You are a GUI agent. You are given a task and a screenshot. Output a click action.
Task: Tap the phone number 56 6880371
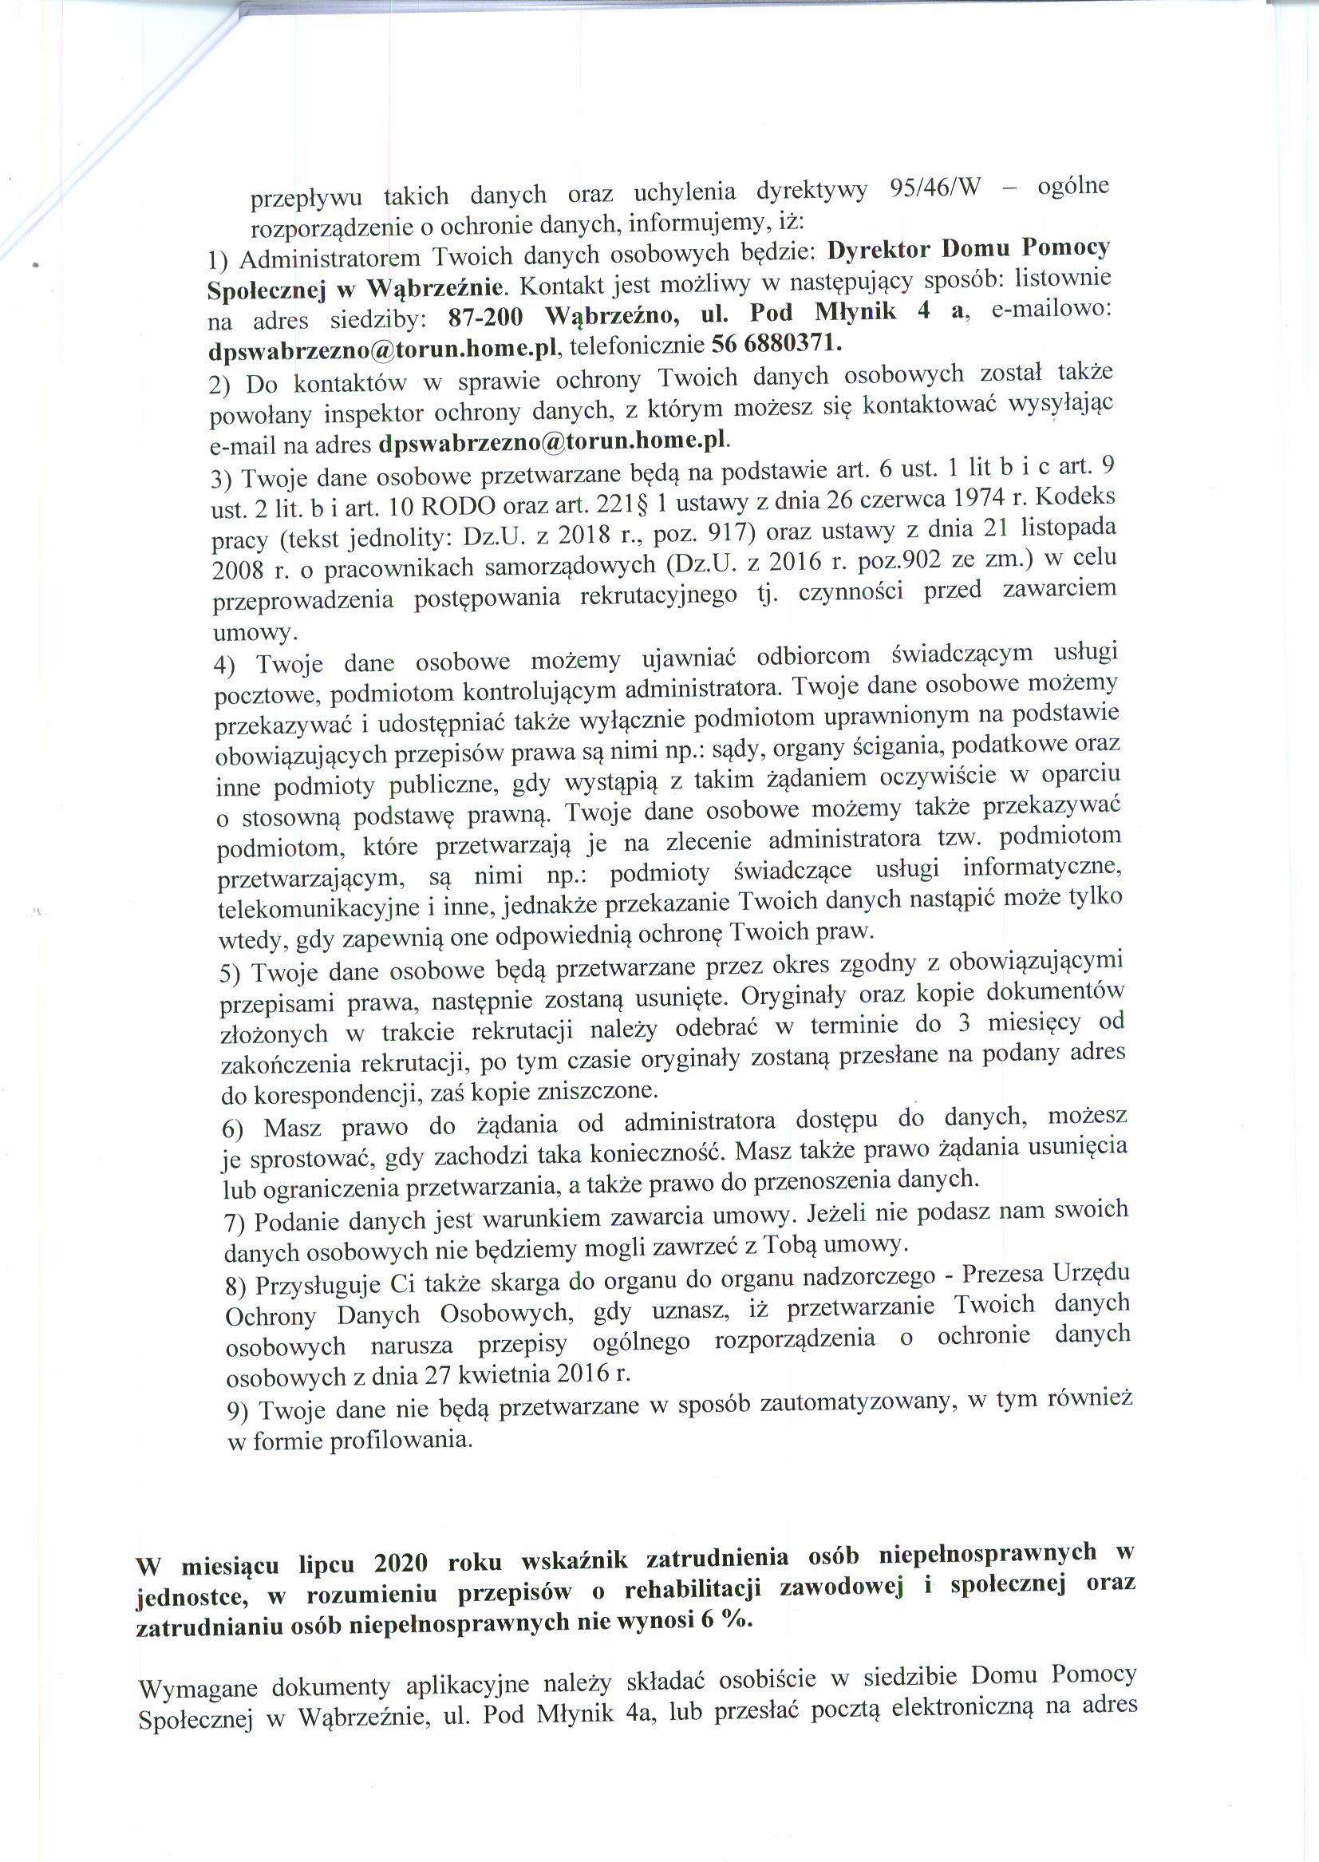(x=772, y=344)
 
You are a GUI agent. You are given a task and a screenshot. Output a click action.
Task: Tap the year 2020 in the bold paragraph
(x=402, y=1564)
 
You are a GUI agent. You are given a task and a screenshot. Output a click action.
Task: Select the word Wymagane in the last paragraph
(x=194, y=1688)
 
